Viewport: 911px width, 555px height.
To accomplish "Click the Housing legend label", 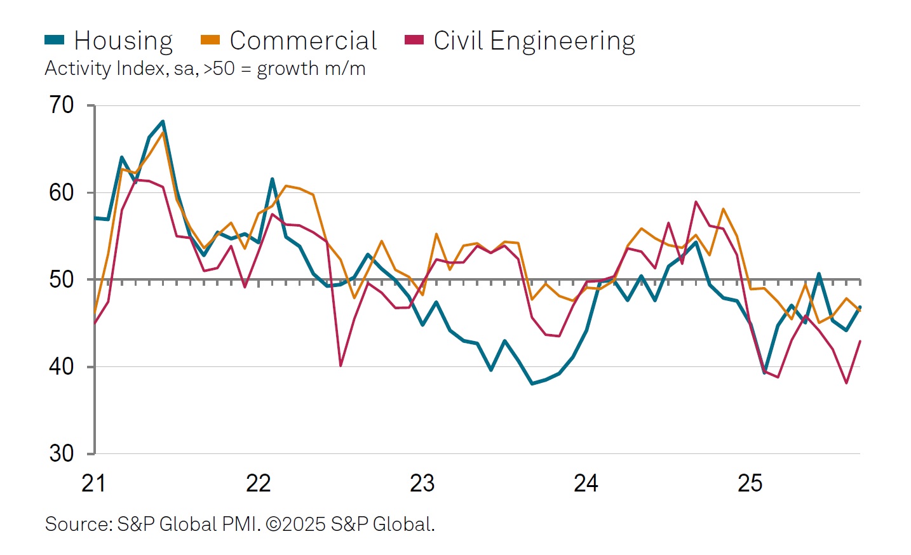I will pos(123,41).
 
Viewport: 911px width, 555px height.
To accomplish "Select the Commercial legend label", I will pos(303,41).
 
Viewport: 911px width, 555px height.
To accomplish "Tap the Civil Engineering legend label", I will pos(534,41).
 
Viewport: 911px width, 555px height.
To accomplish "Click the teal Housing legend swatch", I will pos(55,40).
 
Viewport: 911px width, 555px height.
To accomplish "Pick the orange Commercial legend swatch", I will pos(210,40).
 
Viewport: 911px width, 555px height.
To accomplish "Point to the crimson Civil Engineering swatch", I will pos(414,40).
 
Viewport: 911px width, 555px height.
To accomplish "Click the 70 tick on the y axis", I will pos(62,105).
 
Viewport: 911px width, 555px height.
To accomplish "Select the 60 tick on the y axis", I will pos(62,192).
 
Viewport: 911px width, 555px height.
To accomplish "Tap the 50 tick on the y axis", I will pos(62,279).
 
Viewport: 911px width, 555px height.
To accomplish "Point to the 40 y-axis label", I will pos(62,366).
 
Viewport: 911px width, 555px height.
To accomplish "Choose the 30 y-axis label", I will pos(62,453).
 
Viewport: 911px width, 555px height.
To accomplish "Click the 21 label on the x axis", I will pos(93,484).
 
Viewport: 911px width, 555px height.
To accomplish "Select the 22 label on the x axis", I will pos(258,484).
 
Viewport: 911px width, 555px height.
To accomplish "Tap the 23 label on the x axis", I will pos(422,484).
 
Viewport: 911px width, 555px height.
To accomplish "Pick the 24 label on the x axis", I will pos(586,484).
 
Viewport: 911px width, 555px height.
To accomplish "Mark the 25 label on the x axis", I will pos(750,484).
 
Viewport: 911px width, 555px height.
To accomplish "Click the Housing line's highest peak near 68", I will pos(163,121).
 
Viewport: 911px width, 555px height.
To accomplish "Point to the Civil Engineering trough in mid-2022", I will pos(341,366).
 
